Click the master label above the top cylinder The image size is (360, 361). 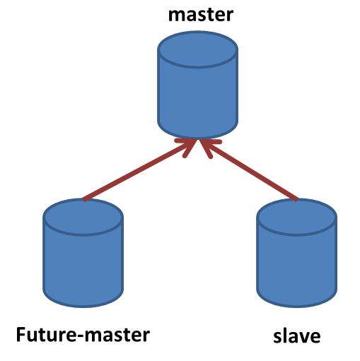click(x=201, y=15)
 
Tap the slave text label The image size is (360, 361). click(x=297, y=336)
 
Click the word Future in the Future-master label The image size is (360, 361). click(x=47, y=334)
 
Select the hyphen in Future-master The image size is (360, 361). click(x=81, y=336)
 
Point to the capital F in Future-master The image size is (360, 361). click(x=21, y=334)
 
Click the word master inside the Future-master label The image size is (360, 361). click(x=117, y=335)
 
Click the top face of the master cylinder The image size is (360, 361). click(x=197, y=49)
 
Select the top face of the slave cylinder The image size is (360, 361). click(x=296, y=217)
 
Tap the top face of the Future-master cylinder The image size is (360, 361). click(x=83, y=217)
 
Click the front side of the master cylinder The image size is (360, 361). click(x=197, y=101)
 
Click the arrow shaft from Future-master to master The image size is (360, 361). click(x=139, y=170)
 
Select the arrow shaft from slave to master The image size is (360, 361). click(x=248, y=170)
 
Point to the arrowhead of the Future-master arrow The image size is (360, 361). click(x=189, y=146)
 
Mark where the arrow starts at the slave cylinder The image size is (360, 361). click(x=297, y=200)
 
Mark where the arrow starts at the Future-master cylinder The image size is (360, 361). click(x=83, y=200)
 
